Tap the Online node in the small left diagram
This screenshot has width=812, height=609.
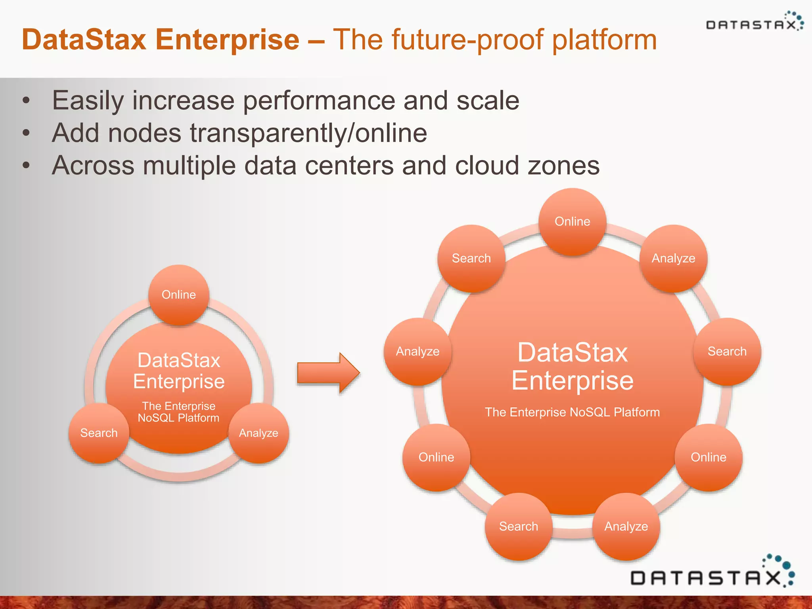point(178,295)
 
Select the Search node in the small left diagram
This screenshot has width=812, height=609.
point(99,433)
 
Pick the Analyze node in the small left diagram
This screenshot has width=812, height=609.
point(259,433)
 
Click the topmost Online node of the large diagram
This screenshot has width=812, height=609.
point(572,221)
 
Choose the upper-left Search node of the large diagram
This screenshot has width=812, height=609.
point(471,259)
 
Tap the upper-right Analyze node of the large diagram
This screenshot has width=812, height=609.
point(673,259)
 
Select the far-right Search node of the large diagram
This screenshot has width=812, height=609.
point(727,351)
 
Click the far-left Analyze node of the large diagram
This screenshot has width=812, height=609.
point(417,351)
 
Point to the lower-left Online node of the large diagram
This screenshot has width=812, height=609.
point(436,457)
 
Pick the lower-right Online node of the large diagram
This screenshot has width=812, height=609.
point(709,457)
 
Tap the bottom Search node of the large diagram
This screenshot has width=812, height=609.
point(518,526)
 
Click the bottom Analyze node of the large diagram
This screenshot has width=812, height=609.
point(626,526)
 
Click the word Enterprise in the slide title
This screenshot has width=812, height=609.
point(227,40)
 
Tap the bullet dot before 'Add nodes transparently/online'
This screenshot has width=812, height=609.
point(26,133)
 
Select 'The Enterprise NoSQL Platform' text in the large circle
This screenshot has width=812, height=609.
point(572,412)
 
